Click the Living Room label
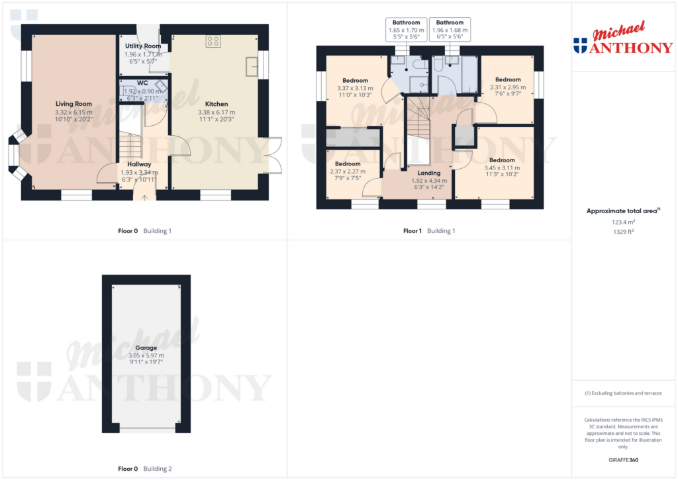tap(73, 104)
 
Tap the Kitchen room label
tap(217, 104)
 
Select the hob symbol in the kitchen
tap(213, 41)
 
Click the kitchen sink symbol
tap(252, 67)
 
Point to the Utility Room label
tap(143, 46)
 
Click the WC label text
tap(142, 83)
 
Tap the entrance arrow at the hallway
tap(145, 195)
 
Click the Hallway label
tap(140, 164)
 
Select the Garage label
tap(146, 348)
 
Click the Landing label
tap(428, 173)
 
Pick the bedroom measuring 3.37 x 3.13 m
tap(355, 88)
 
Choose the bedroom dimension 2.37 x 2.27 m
tap(347, 171)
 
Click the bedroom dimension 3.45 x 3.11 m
tap(502, 168)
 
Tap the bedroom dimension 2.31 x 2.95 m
tap(508, 87)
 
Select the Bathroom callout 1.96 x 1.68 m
tap(450, 30)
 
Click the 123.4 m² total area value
tap(623, 223)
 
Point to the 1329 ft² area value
tap(623, 232)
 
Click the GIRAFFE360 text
tap(624, 460)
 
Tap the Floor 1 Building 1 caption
tap(429, 231)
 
